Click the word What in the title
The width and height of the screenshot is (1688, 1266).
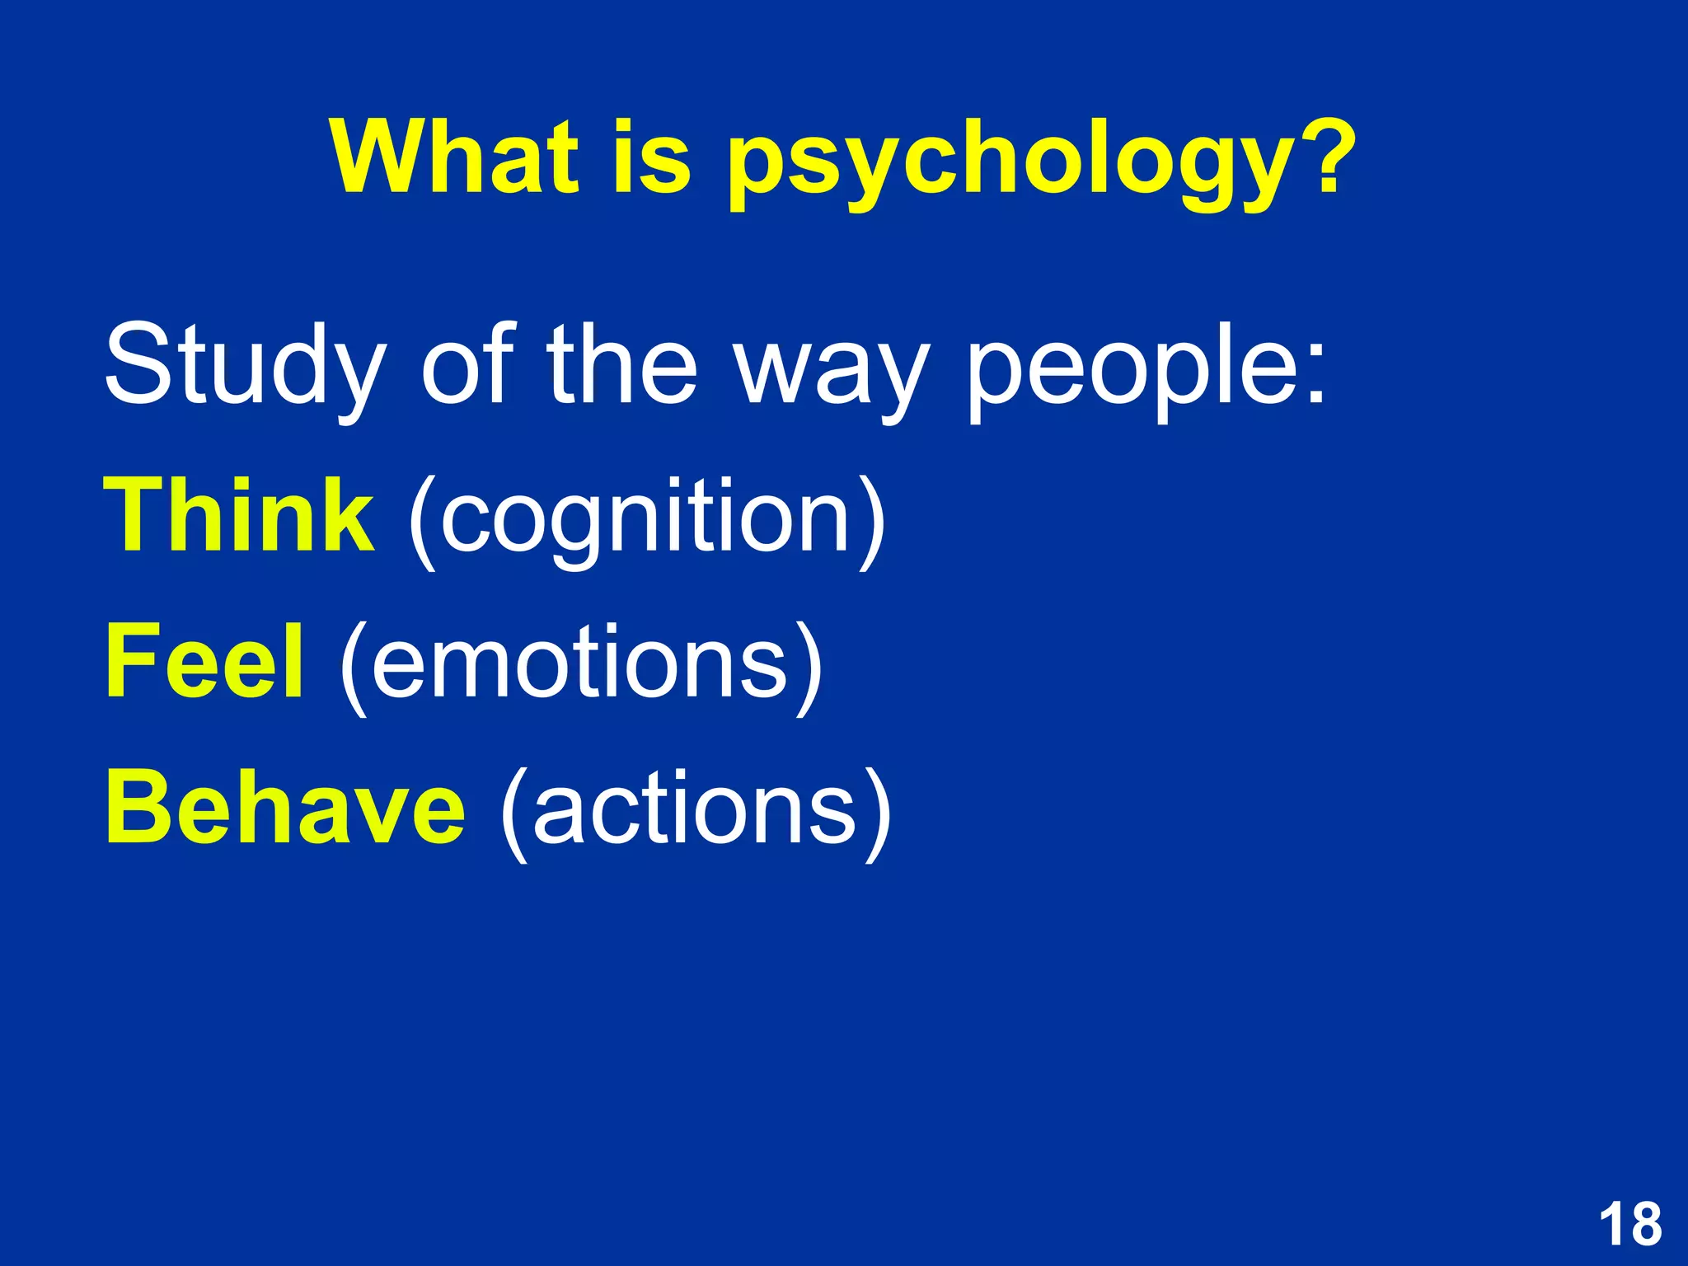click(454, 157)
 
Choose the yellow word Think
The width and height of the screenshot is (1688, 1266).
click(238, 516)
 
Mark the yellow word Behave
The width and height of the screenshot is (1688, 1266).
click(285, 808)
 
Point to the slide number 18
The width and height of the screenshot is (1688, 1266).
click(1629, 1224)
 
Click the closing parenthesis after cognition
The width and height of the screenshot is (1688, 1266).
click(872, 523)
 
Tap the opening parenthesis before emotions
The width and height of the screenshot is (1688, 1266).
click(353, 668)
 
